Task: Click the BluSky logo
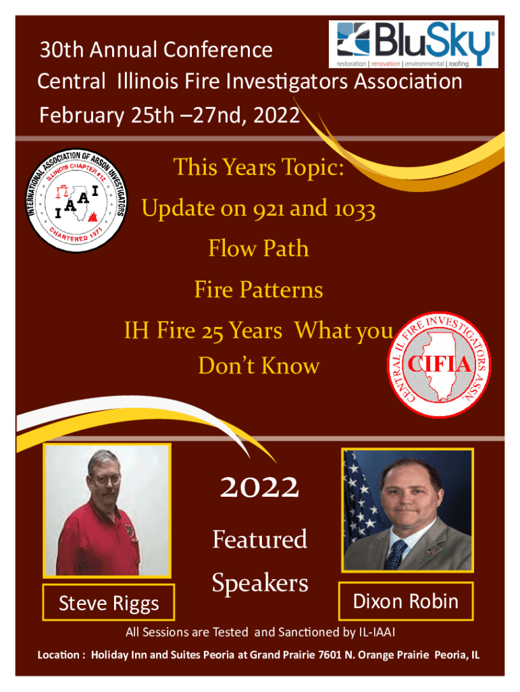click(x=413, y=44)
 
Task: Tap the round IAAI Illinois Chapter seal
click(x=76, y=200)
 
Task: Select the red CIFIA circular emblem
click(x=439, y=364)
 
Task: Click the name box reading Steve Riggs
click(x=109, y=602)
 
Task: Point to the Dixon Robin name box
click(x=406, y=601)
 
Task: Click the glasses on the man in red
click(x=105, y=479)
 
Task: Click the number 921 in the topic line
click(x=269, y=208)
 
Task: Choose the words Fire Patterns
click(x=259, y=290)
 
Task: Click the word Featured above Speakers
click(x=260, y=539)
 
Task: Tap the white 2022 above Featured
click(x=260, y=487)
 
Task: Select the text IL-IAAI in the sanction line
click(x=377, y=632)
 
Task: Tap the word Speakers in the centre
click(x=260, y=583)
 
